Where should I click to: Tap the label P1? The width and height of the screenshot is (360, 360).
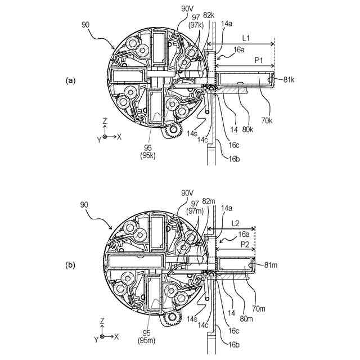click(x=259, y=60)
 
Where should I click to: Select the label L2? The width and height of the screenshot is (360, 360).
click(x=236, y=223)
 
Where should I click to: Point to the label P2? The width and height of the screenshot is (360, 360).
click(x=246, y=245)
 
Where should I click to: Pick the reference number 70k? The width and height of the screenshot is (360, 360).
click(x=267, y=120)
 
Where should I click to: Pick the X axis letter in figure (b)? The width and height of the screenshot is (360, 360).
click(x=116, y=337)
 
